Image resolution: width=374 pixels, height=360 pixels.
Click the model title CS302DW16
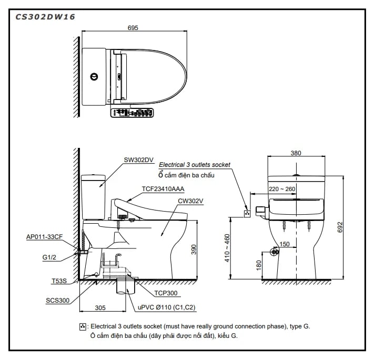pyautogui.click(x=45, y=16)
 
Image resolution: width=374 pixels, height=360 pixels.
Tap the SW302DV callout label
pyautogui.click(x=138, y=160)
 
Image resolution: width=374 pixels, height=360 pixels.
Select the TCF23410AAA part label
pyautogui.click(x=163, y=188)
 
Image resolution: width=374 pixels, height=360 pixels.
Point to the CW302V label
pyautogui.click(x=190, y=200)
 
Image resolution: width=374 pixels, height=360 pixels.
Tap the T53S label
pyautogui.click(x=59, y=282)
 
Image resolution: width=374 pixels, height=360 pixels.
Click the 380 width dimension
pyautogui.click(x=296, y=154)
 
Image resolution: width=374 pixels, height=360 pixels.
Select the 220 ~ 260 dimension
pyautogui.click(x=282, y=188)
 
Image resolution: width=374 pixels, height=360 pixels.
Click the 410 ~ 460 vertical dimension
pyautogui.click(x=228, y=248)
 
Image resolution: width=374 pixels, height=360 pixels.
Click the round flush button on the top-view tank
pyautogui.click(x=94, y=76)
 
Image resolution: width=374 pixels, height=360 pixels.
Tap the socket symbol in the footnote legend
pyautogui.click(x=82, y=327)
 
